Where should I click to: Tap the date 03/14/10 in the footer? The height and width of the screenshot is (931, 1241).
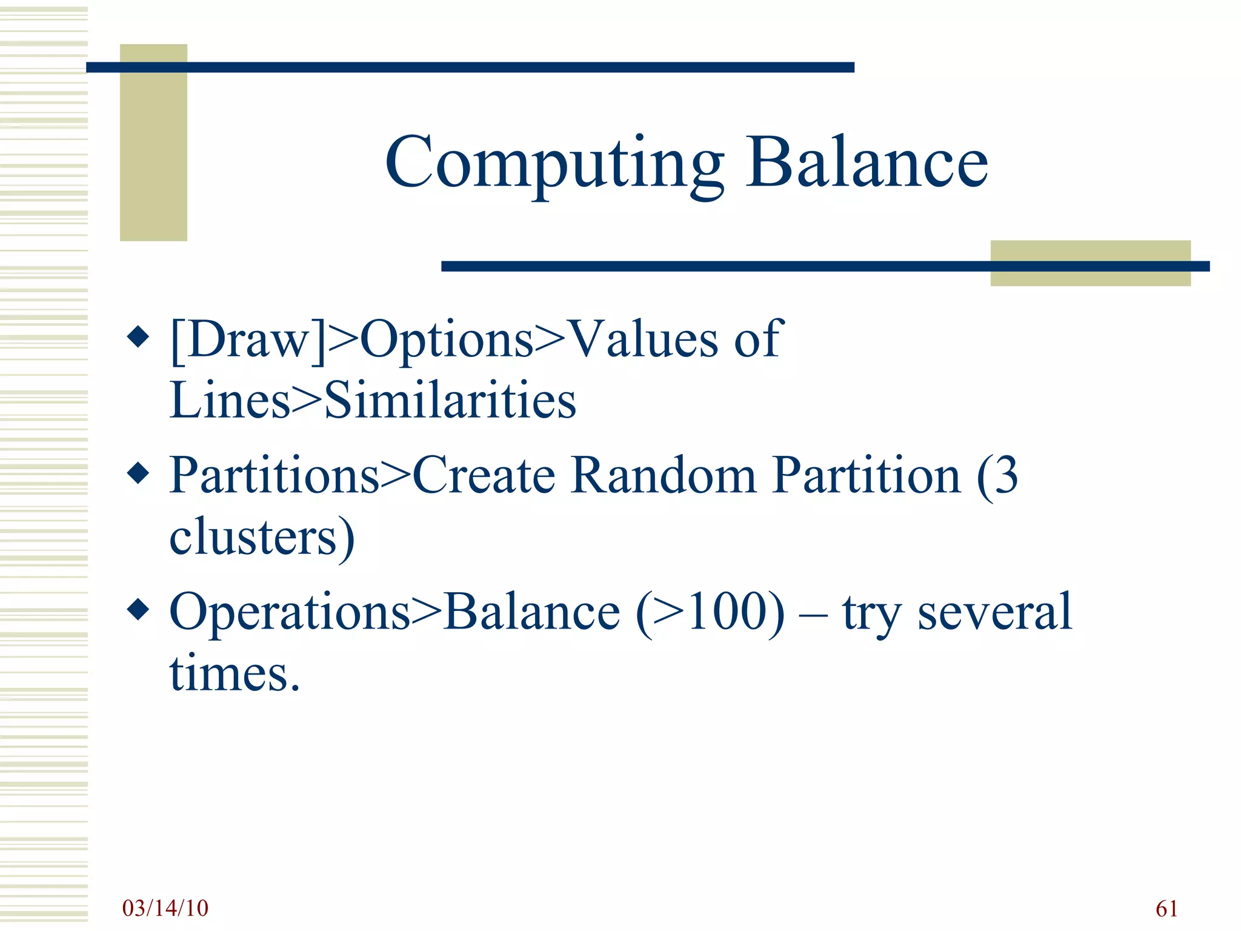pyautogui.click(x=165, y=908)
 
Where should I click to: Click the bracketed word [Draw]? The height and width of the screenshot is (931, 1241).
pyautogui.click(x=248, y=339)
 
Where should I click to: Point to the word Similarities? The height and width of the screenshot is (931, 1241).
pyautogui.click(x=450, y=400)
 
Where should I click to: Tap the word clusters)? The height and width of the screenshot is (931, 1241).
pyautogui.click(x=262, y=537)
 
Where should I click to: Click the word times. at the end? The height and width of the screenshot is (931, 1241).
pyautogui.click(x=235, y=674)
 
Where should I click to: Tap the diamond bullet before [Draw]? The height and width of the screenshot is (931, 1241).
pyautogui.click(x=139, y=337)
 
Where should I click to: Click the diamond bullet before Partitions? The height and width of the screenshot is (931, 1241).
pyautogui.click(x=139, y=473)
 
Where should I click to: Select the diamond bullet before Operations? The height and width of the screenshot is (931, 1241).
pyautogui.click(x=139, y=610)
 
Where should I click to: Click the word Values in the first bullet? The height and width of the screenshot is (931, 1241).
pyautogui.click(x=645, y=339)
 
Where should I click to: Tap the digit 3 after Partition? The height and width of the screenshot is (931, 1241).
pyautogui.click(x=1006, y=475)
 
